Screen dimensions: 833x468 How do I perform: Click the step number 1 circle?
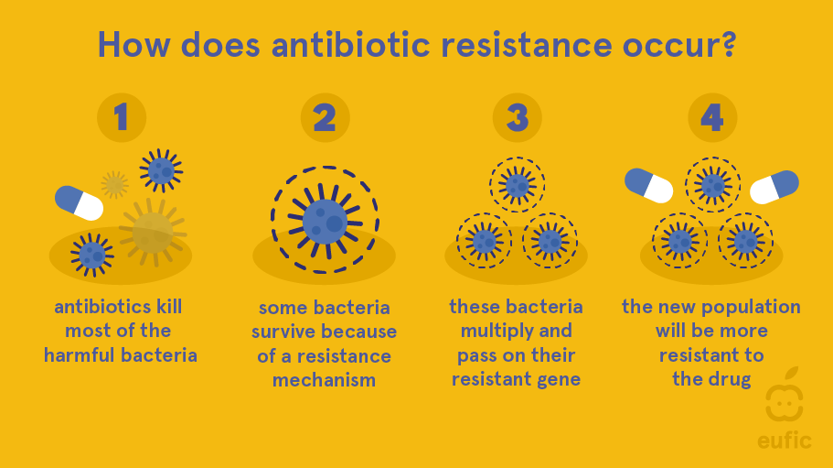point(122,117)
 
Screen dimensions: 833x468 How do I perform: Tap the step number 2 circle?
point(326,117)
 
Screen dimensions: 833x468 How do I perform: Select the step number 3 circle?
point(518,117)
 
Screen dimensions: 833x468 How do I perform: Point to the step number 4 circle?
point(712,117)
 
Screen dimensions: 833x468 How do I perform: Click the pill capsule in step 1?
point(80,202)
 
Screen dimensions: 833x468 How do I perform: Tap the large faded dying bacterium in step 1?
point(153,233)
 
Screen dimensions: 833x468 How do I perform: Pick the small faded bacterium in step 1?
point(114,184)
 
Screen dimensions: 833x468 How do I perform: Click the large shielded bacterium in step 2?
point(326,220)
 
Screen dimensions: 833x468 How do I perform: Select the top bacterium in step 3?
point(517,185)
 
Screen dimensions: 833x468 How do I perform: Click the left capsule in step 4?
point(648,186)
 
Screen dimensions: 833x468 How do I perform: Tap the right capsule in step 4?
point(774,187)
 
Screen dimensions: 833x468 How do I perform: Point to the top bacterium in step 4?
point(712,185)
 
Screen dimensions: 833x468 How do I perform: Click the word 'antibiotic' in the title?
point(350,45)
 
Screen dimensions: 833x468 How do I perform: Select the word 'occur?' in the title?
point(679,46)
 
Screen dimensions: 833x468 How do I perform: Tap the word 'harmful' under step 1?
point(80,354)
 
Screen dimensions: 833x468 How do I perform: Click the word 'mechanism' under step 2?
point(324,380)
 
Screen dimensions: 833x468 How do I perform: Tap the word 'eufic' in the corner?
point(785,441)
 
